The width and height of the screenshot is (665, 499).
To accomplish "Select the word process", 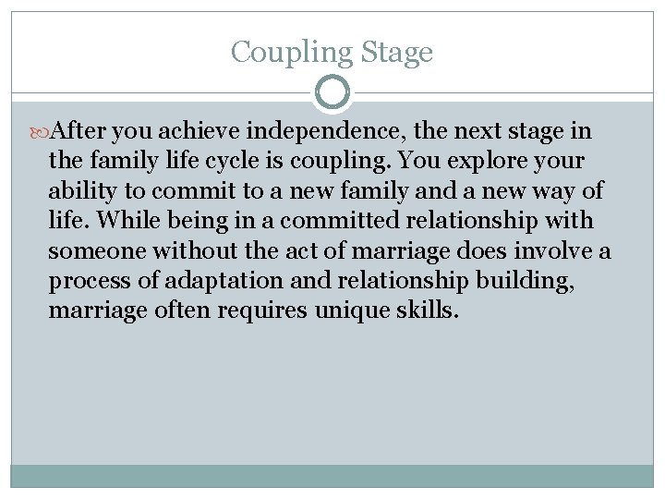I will tap(86, 281).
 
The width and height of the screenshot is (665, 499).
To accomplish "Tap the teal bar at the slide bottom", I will tap(332, 475).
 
